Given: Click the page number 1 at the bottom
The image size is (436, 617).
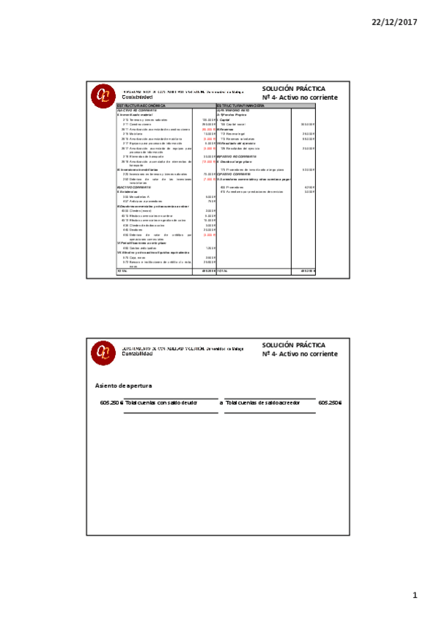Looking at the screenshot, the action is [415, 596].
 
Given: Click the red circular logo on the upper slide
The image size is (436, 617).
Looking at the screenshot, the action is [102, 95].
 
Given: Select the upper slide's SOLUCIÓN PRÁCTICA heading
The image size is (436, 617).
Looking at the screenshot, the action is [293, 88].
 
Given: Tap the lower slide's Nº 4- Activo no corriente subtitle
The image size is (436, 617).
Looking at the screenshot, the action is [299, 354].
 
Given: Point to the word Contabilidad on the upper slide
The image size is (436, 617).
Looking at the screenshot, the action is [138, 97].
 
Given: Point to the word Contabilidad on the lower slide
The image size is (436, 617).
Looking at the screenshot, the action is [138, 354].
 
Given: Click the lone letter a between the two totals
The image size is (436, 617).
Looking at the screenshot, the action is [221, 402].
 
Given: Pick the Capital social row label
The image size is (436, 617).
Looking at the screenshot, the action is [234, 124].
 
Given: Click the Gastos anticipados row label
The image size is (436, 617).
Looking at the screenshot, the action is [138, 247].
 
